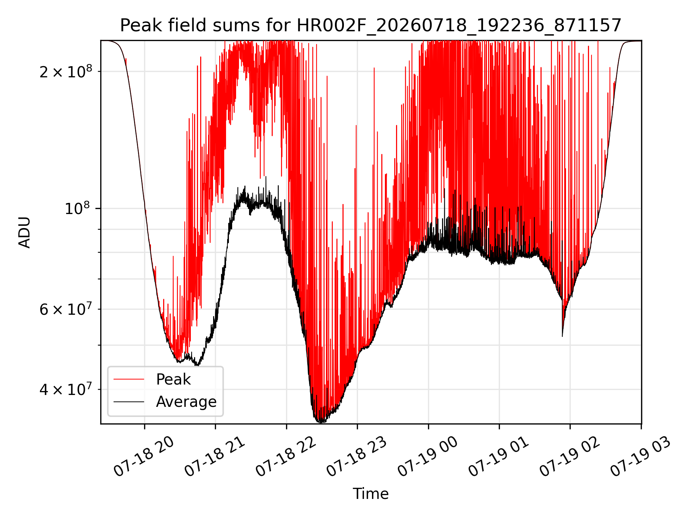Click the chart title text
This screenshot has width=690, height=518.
point(371,26)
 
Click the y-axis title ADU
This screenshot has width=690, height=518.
point(24,232)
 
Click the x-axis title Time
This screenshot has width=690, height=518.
point(371,494)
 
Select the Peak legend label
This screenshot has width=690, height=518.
point(173,380)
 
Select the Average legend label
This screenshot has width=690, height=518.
point(186,401)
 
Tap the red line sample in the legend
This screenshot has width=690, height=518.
point(129,379)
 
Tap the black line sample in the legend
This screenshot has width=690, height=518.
point(129,401)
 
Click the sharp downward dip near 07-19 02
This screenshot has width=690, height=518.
point(562,336)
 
